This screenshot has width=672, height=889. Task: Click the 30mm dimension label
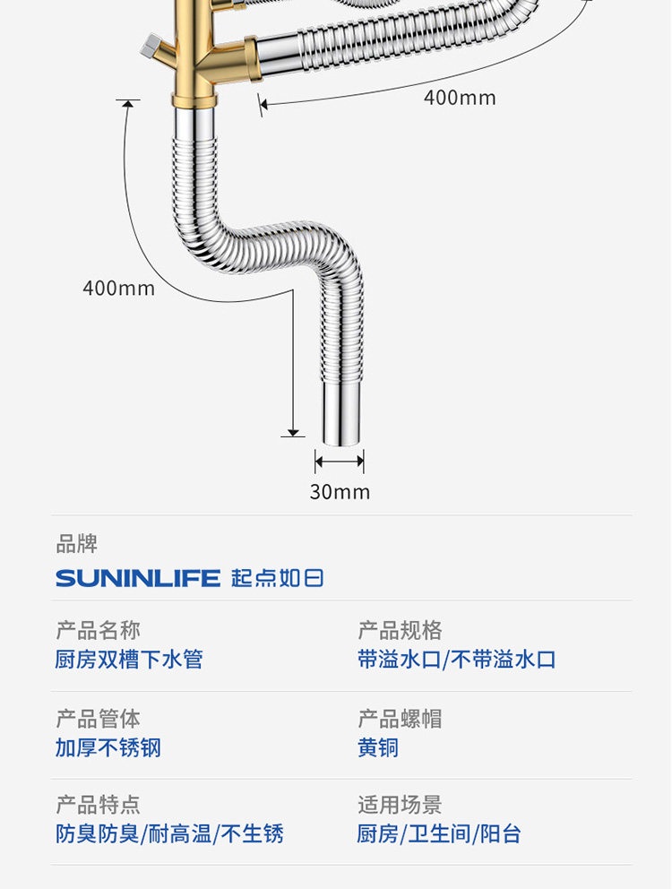(340, 492)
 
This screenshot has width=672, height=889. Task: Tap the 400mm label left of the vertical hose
(118, 288)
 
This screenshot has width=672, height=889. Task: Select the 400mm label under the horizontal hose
(460, 98)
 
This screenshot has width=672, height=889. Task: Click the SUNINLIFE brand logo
(138, 578)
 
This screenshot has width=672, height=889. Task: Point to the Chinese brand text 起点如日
(277, 578)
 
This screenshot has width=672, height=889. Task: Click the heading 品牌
(76, 544)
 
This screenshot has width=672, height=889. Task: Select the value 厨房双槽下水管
(129, 660)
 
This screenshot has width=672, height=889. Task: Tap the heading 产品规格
(400, 630)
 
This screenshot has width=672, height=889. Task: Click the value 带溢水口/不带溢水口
(456, 660)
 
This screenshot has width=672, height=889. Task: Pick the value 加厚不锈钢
(108, 747)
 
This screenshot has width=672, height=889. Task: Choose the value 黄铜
(378, 747)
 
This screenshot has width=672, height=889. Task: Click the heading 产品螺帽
(400, 719)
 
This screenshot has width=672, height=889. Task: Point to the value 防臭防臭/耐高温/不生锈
(169, 834)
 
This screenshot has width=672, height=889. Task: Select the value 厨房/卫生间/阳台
(439, 834)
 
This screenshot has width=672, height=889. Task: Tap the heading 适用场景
(400, 805)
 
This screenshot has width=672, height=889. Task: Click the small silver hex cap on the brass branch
(151, 46)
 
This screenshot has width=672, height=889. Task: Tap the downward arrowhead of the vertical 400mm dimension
(293, 433)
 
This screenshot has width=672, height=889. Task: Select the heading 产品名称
(98, 630)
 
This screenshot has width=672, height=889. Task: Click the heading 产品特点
(98, 805)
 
